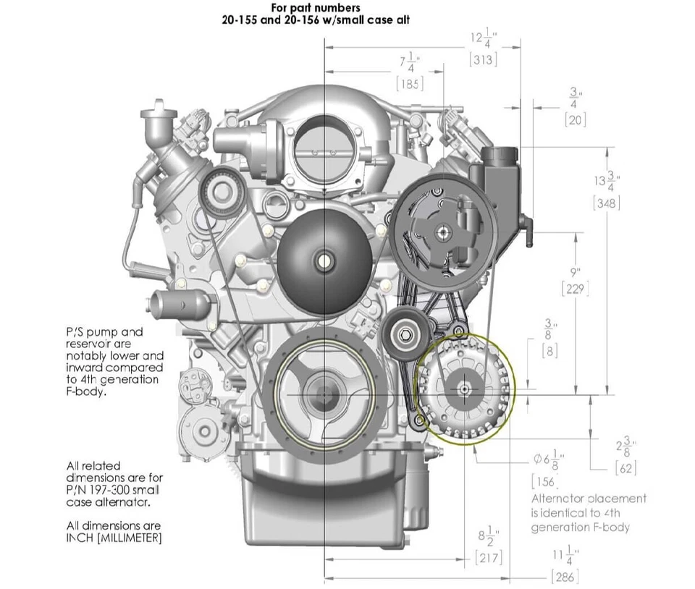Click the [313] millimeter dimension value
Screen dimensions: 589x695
coord(483,59)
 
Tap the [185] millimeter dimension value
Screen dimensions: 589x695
coord(410,83)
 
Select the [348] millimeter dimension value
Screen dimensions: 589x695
coord(606,203)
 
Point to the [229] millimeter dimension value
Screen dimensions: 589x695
coord(575,289)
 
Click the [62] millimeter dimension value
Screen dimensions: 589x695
coord(625,468)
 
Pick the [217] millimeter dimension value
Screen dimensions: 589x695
coord(488,558)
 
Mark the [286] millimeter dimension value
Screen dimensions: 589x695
coord(564,577)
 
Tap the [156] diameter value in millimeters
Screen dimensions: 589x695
coord(544,481)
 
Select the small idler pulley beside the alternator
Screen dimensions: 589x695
coord(403,334)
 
